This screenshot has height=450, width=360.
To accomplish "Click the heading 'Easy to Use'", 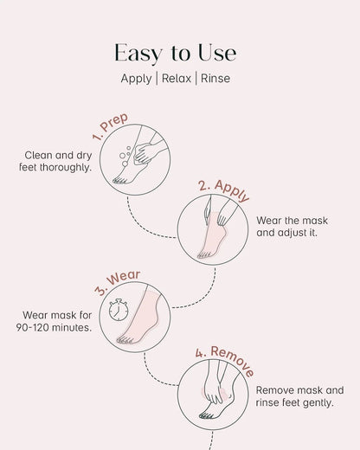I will pyautogui.click(x=179, y=53).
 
